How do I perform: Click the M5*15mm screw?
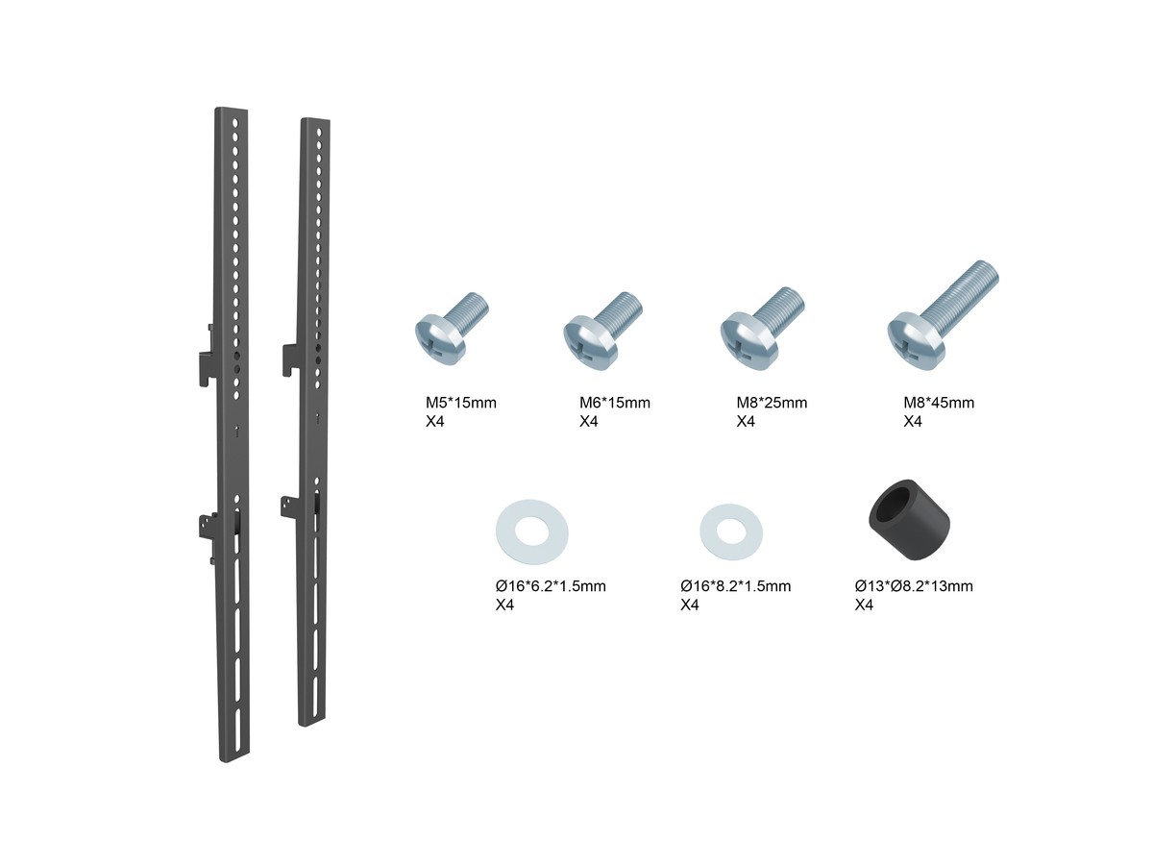point(451,329)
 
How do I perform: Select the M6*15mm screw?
point(602,331)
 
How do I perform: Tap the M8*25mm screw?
point(762,330)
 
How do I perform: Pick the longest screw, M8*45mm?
point(943,315)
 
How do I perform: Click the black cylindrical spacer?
point(909,519)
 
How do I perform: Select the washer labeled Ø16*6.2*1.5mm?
point(531,531)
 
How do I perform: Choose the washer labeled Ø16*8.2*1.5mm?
point(730,531)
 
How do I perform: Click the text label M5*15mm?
point(460,403)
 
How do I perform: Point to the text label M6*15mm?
point(615,403)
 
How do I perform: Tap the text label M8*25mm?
point(772,403)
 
